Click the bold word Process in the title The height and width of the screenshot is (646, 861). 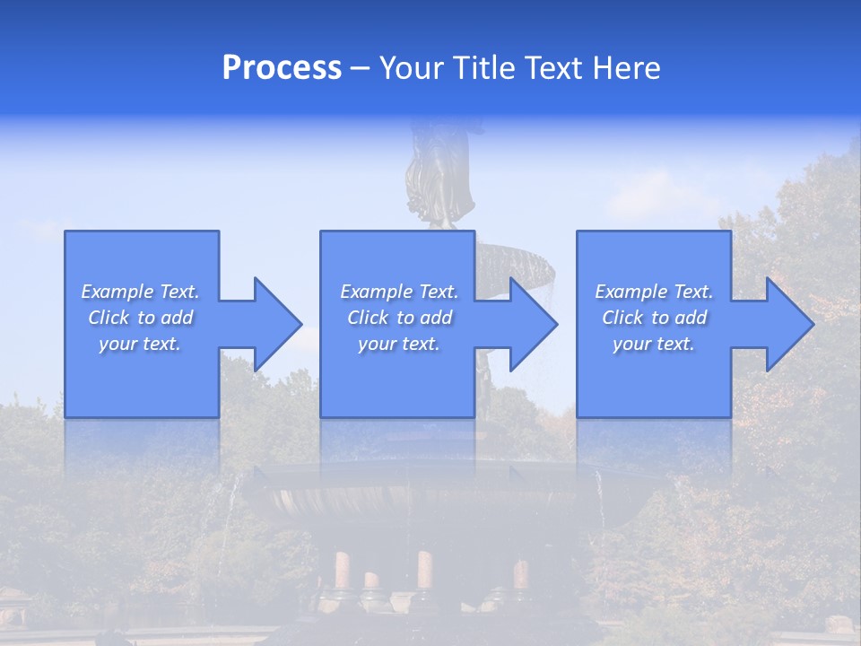282,68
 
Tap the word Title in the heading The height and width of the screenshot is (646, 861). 484,68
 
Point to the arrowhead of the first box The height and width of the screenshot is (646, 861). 274,324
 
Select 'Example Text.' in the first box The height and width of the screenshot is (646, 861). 140,292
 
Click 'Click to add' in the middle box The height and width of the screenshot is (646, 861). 399,318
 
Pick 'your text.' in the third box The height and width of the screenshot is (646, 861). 654,344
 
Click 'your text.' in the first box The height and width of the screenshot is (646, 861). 140,344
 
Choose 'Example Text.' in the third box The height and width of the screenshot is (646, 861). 654,292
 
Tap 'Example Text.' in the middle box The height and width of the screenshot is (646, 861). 399,292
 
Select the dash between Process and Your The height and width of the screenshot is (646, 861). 360,68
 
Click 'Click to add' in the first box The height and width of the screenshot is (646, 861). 140,318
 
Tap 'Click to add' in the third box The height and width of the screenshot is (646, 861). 654,318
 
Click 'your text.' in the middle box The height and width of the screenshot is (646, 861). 399,344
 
